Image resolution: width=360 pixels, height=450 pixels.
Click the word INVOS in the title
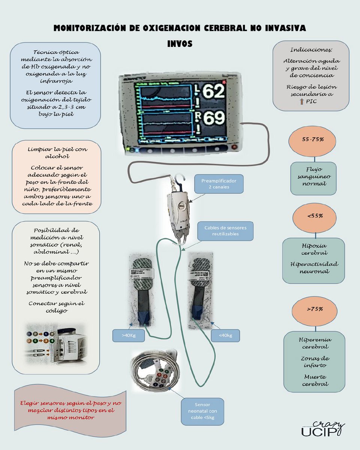point(180,44)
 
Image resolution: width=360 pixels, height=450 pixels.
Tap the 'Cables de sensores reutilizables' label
point(225,231)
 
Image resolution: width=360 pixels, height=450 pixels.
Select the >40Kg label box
point(129,335)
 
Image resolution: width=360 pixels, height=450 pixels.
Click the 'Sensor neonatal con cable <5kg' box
point(202,411)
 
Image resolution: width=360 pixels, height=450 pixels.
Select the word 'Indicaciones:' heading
point(311,49)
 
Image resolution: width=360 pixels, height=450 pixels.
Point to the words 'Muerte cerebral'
point(315,380)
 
